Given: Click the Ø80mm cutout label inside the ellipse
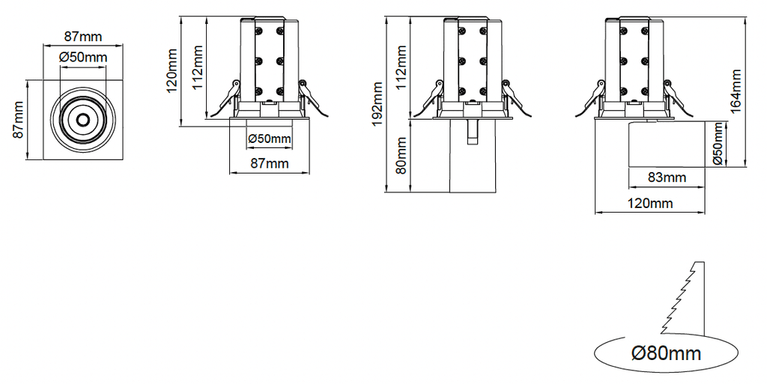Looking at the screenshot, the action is tap(666, 353).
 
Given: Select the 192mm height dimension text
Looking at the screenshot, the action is tap(378, 104).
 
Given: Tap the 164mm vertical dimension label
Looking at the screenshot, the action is tap(736, 91).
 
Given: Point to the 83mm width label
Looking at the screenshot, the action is tap(667, 177).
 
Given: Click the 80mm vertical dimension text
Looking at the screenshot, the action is tap(401, 156).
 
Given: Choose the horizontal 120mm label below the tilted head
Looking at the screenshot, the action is tap(650, 203).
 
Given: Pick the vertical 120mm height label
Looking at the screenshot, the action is tap(172, 71).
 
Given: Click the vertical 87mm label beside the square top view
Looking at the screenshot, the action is tap(18, 120).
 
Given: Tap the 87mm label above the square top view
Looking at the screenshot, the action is tap(83, 37).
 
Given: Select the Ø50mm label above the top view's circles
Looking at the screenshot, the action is tap(83, 57).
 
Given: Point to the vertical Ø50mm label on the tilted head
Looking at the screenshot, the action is tap(718, 144).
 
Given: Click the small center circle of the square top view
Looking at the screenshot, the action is tap(82, 120).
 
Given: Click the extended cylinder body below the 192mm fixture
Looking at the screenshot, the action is tap(472, 156).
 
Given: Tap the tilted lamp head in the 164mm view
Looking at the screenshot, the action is tap(666, 144).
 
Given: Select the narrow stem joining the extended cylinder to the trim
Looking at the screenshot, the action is tap(472, 132).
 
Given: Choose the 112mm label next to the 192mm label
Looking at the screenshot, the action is tap(401, 67).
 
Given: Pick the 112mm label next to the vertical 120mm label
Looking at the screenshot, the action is tap(197, 67).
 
